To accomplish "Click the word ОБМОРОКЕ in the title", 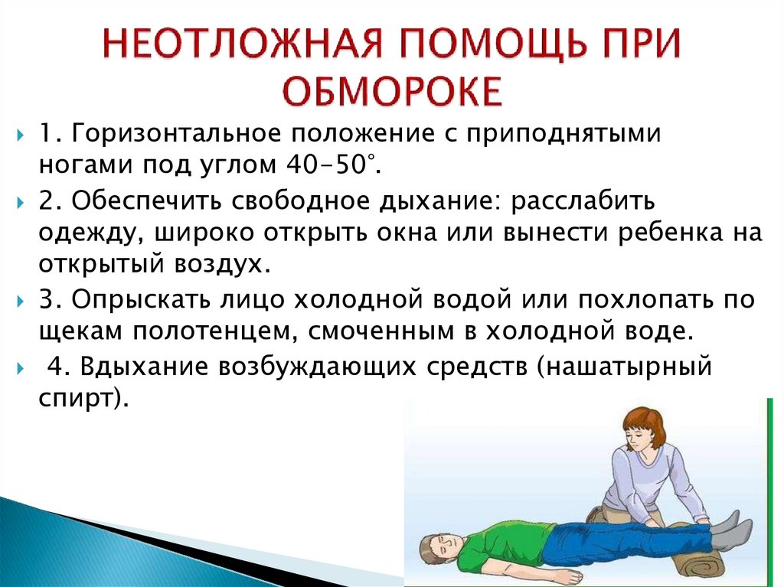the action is [393, 92].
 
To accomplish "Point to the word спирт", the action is [76, 399].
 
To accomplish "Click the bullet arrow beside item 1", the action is [21, 135].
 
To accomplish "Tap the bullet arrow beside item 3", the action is [21, 302].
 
